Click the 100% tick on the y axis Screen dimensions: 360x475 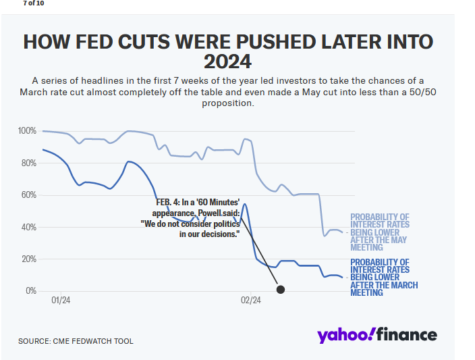click(28, 130)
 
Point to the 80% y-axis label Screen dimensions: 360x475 click(28, 163)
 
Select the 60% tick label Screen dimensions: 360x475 click(28, 195)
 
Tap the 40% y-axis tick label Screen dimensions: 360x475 click(28, 227)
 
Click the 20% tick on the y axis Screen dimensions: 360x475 click(28, 259)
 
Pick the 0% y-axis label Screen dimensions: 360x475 click(31, 291)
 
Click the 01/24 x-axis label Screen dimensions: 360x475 click(61, 300)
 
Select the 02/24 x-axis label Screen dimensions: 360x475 click(251, 300)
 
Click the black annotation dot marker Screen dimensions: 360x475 click(281, 290)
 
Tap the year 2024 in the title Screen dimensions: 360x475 click(227, 62)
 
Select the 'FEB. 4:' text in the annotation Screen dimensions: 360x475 click(168, 203)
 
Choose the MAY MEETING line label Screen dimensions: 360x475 click(379, 232)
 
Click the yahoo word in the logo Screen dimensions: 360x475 click(345, 335)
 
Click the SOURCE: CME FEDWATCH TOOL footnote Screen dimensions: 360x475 click(76, 341)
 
